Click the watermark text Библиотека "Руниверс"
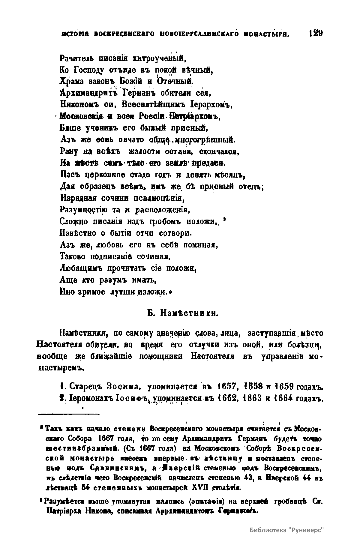[x=287, y=530]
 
